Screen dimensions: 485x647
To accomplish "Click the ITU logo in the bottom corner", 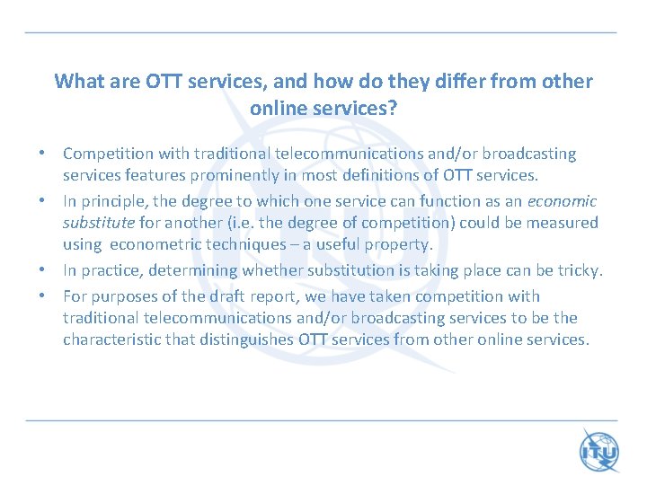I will coord(599,451).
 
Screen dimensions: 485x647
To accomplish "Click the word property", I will coord(398,244).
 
